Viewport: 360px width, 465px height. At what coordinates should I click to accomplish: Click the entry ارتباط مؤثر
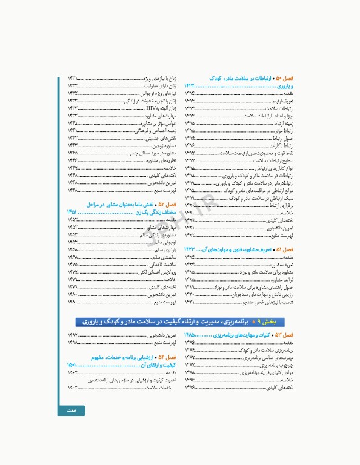pyautogui.click(x=284, y=130)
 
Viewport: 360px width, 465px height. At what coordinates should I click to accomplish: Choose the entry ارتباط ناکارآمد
pyautogui.click(x=282, y=145)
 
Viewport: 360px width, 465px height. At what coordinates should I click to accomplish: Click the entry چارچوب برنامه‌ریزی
pyautogui.click(x=276, y=365)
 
